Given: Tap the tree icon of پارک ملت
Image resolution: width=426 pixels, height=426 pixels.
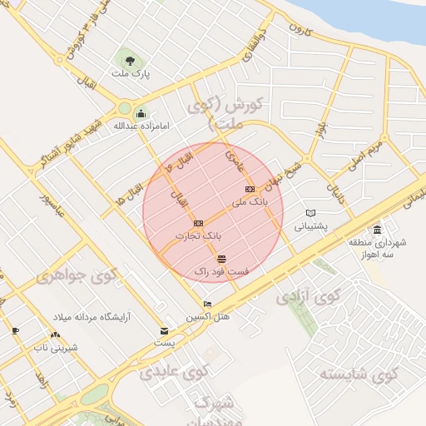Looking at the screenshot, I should [129, 59].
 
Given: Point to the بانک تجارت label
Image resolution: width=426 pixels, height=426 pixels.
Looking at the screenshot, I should [199, 236].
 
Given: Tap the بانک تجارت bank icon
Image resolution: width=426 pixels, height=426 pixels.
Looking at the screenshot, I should [198, 223].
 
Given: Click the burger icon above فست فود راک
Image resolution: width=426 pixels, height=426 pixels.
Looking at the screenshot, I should [220, 260].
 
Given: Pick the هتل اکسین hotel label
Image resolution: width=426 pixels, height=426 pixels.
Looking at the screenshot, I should [207, 317].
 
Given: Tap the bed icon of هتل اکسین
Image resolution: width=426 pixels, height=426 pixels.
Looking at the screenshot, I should [207, 305].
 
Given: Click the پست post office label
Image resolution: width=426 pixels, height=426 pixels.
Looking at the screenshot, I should [165, 342].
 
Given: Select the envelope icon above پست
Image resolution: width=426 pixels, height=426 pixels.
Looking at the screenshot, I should [164, 330].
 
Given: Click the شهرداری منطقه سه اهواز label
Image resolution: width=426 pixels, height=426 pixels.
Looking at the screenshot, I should [379, 249].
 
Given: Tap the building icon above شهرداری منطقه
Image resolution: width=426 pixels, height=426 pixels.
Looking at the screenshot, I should [378, 230].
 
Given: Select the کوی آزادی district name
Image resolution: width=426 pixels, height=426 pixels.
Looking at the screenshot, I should [308, 295].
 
